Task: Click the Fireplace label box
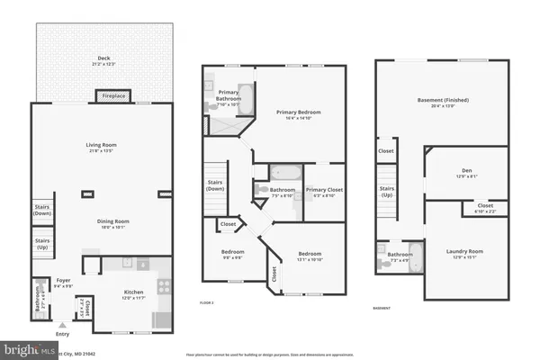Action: (114, 95)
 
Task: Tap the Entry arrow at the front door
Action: (61, 325)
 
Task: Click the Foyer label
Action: (63, 283)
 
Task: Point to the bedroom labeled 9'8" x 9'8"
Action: (233, 254)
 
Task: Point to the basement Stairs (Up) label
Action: (387, 192)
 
